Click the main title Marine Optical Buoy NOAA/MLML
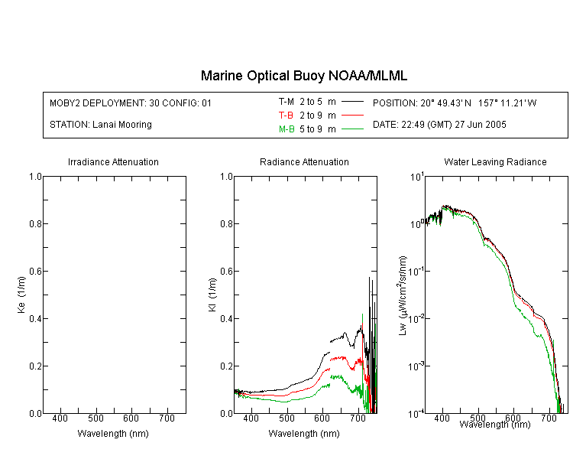pos(303,76)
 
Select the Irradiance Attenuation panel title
pos(113,161)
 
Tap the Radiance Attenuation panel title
pos(304,161)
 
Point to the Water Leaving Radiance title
pos(495,161)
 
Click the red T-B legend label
pos(286,116)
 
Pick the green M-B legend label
pos(286,129)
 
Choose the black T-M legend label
pos(286,102)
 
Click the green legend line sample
pos(352,129)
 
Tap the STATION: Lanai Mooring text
pos(101,125)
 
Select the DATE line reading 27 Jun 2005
pos(439,125)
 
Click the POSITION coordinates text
pos(455,103)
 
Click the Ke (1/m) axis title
pos(21,295)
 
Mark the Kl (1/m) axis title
pos(212,295)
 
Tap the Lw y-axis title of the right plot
pos(402,295)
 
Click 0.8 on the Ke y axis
pos(35,223)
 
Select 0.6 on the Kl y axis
pos(227,272)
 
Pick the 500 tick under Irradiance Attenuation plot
pos(95,418)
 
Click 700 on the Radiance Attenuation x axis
pos(358,418)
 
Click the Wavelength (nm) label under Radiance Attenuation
pos(304,434)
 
